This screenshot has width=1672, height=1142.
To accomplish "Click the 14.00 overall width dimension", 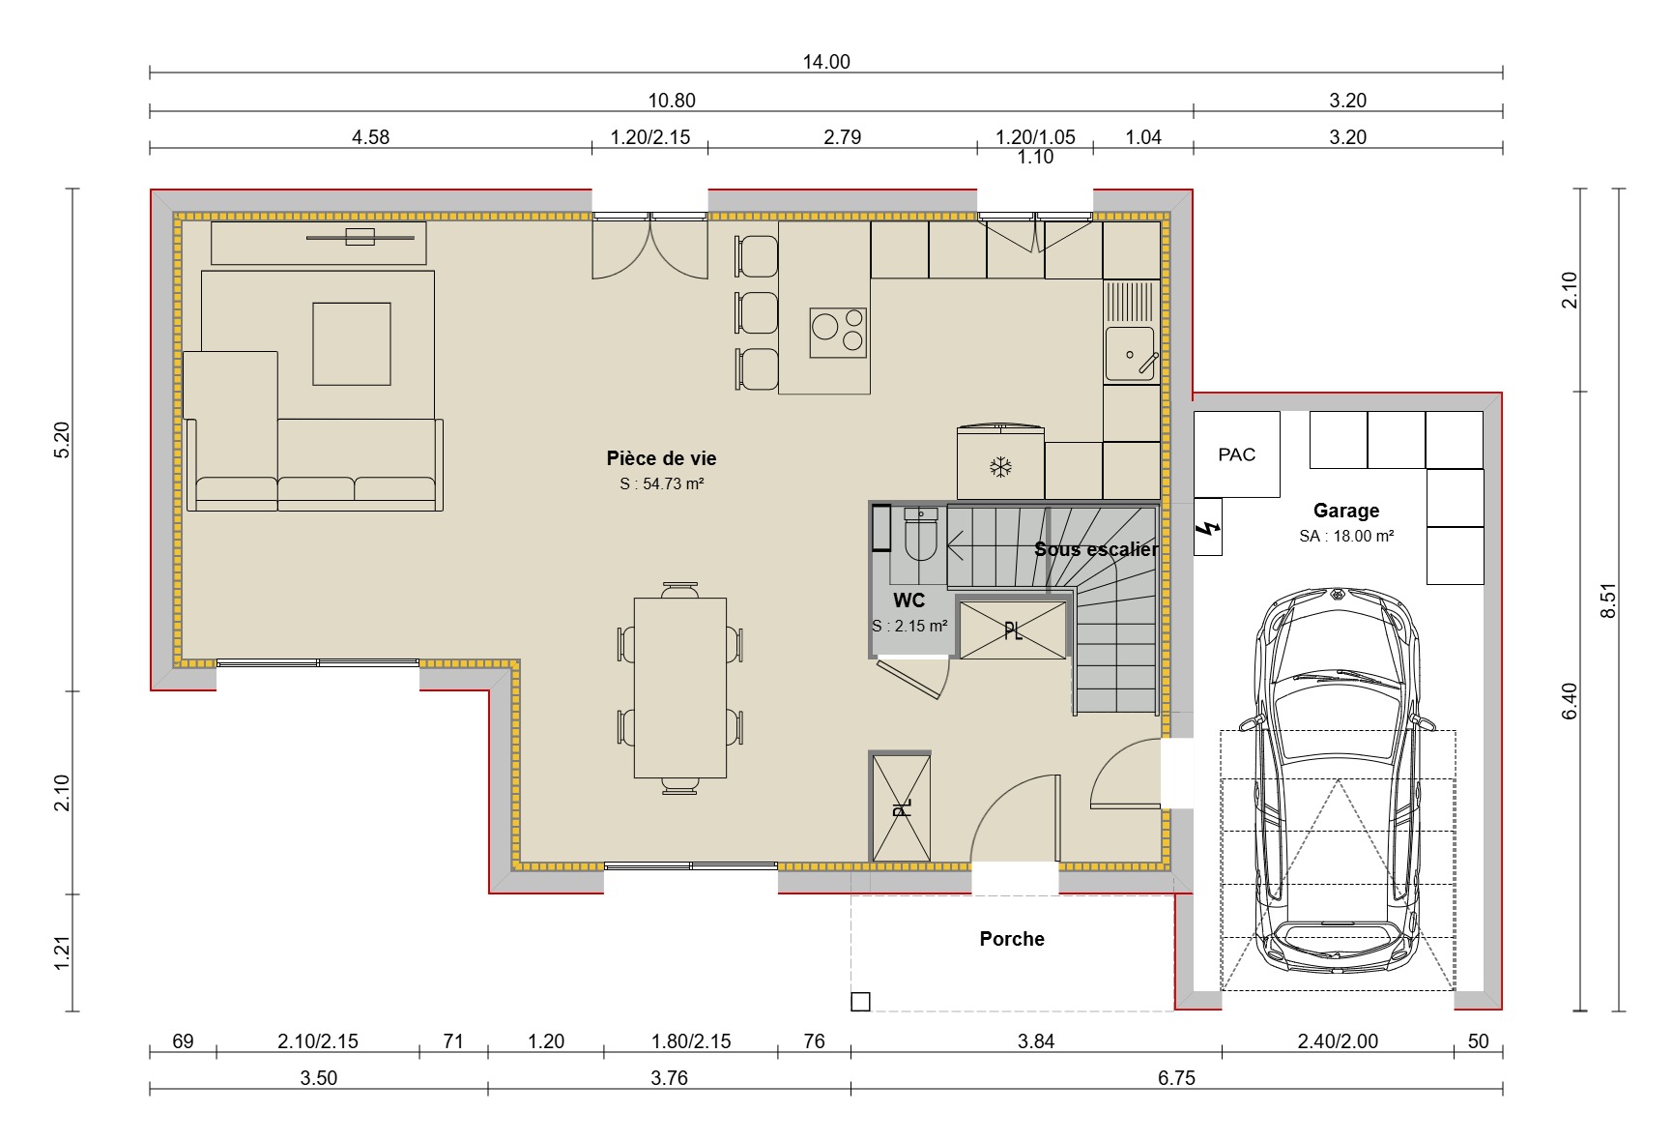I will click(826, 62).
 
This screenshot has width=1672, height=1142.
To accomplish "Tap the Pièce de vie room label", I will click(661, 458).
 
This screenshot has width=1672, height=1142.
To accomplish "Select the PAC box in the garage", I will click(1236, 454).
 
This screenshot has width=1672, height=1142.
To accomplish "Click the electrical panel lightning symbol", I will click(1208, 528).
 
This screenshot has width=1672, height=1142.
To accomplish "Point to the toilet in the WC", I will click(920, 539).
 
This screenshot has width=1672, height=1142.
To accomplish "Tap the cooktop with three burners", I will click(838, 333).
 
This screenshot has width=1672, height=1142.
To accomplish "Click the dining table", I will click(679, 688).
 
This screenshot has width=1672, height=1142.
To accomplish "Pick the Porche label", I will click(1012, 939).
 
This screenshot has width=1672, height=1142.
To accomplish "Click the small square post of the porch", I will click(860, 1002).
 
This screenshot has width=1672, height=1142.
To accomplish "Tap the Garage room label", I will click(1345, 511).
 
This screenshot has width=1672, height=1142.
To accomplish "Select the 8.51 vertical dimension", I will click(1608, 600).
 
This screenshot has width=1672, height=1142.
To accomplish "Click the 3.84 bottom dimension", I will click(1035, 1041).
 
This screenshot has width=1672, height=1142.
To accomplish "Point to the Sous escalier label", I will click(1096, 549).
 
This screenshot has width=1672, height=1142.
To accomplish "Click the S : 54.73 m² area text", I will click(661, 483).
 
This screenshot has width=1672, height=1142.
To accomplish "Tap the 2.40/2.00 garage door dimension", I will click(1337, 1041).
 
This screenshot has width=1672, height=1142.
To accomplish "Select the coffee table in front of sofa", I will click(352, 343).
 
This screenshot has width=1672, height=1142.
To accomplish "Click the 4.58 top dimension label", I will click(370, 137).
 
